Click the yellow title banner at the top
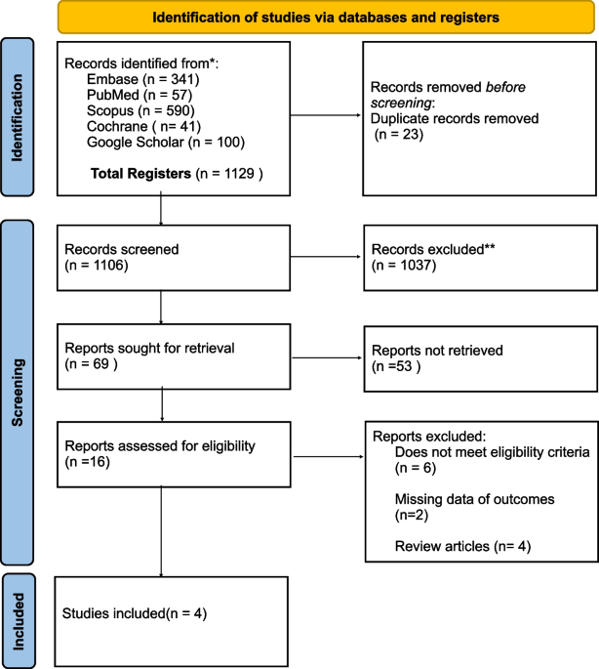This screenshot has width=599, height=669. pyautogui.click(x=326, y=18)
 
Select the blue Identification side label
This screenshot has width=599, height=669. pyautogui.click(x=17, y=117)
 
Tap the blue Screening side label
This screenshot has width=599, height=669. pyautogui.click(x=17, y=393)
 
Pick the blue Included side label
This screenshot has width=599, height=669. pyautogui.click(x=18, y=621)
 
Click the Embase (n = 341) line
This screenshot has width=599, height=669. pyautogui.click(x=142, y=79)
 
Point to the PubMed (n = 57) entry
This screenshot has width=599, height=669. pyautogui.click(x=140, y=95)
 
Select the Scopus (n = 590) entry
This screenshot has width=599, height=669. pyautogui.click(x=140, y=110)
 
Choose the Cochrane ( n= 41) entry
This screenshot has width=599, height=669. pyautogui.click(x=143, y=126)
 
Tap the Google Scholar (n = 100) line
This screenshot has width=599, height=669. pyautogui.click(x=166, y=142)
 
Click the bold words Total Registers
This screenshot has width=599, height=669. pyautogui.click(x=140, y=174)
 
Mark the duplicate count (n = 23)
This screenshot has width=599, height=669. pyautogui.click(x=399, y=135)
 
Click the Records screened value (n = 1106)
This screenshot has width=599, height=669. pyautogui.click(x=97, y=266)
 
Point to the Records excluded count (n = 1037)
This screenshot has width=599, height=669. pyautogui.click(x=404, y=266)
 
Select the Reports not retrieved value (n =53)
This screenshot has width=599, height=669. pyautogui.click(x=396, y=366)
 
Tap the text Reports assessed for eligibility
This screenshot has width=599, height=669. pyautogui.click(x=160, y=446)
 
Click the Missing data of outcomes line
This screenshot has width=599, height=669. pyautogui.click(x=474, y=499)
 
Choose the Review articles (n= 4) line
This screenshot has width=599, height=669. pyautogui.click(x=462, y=547)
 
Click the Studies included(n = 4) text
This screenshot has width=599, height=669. pyautogui.click(x=135, y=614)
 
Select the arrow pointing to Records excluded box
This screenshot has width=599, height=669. pyautogui.click(x=326, y=257)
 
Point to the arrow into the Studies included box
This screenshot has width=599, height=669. pyautogui.click(x=162, y=532)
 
